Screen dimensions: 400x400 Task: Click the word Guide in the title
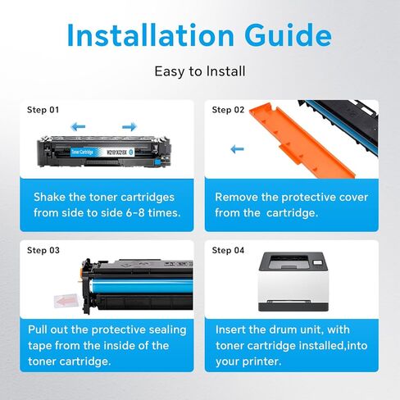coord(289,35)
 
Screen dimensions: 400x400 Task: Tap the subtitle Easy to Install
coord(200,71)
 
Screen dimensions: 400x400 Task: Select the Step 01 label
coord(43,110)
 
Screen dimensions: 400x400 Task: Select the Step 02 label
coord(228,110)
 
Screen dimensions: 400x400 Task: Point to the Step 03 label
coord(43,250)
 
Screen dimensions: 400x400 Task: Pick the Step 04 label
coord(228,250)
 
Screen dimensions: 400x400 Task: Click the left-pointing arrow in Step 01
coord(78,126)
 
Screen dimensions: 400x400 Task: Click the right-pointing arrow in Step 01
coord(130,126)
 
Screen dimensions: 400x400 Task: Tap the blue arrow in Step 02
coord(237,149)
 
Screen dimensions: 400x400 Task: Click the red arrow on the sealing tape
coord(66,301)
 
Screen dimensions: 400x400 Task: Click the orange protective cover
coord(302,141)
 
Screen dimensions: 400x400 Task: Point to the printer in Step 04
coord(293,282)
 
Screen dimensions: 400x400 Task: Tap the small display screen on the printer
coord(317,262)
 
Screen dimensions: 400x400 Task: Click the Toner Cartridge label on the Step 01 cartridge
coord(82,152)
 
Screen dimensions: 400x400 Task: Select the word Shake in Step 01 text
coord(50,197)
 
